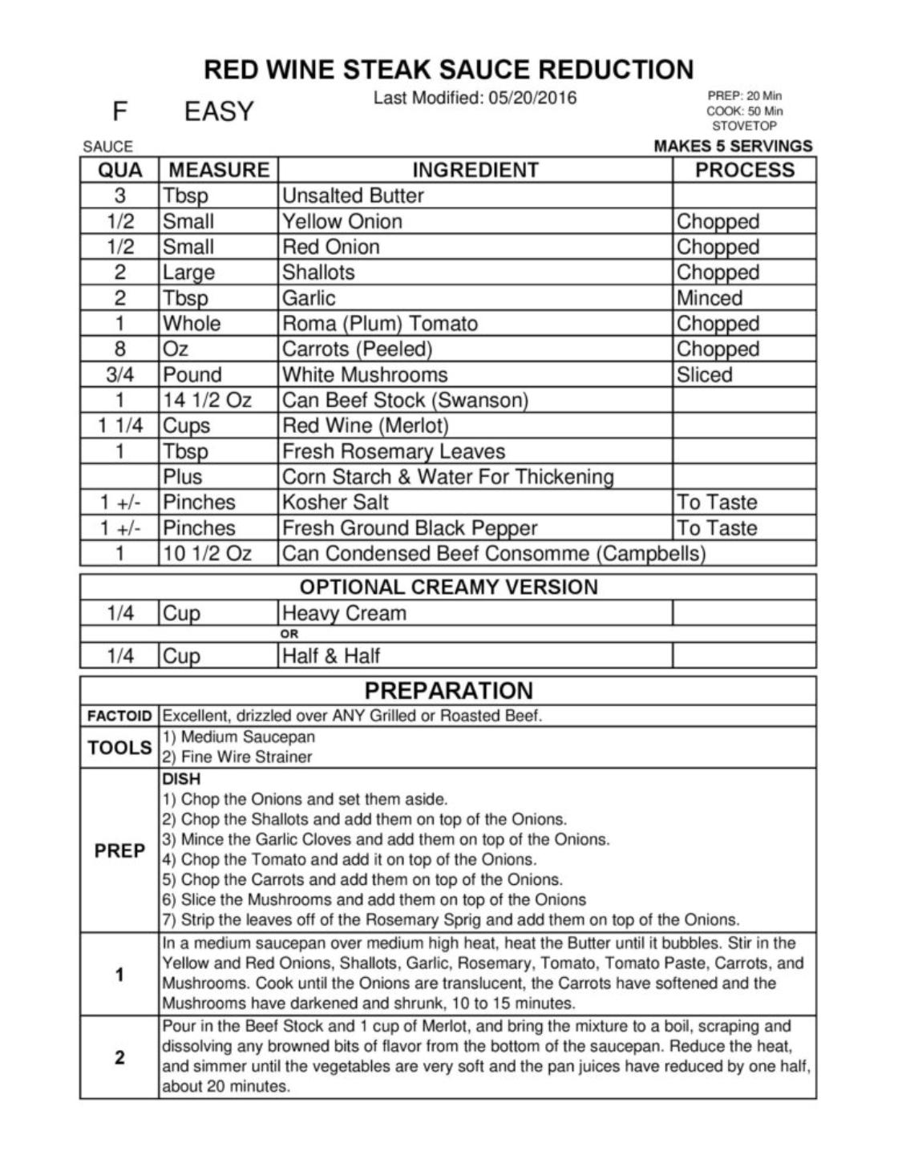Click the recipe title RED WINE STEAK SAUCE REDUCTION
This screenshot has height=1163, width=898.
coord(448,70)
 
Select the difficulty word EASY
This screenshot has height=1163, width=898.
coord(219,111)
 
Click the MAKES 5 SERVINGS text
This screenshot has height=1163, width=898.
coord(733,146)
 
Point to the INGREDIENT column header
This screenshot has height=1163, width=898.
coord(475,170)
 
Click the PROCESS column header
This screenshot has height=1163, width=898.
coord(744,170)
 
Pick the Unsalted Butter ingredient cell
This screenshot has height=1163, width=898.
coord(353,196)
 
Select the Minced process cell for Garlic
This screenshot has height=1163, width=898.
coord(710,298)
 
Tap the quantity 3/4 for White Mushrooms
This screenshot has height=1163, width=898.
coord(119,375)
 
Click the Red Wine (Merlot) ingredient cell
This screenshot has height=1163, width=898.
coord(365,426)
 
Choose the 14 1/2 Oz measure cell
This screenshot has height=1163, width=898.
coord(207,400)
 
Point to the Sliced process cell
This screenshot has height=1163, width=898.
coord(704,375)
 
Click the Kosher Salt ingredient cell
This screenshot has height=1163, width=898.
coord(335,503)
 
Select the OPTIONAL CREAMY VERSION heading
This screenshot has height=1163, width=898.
coord(448,587)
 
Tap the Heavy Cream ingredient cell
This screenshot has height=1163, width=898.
coord(344,613)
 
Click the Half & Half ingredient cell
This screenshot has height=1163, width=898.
coord(331,656)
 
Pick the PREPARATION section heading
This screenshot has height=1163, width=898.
coord(448,691)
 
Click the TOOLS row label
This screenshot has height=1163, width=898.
coord(119,748)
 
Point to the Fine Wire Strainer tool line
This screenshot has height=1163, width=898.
coord(237,757)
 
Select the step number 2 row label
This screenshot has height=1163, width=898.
coord(119,1057)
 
